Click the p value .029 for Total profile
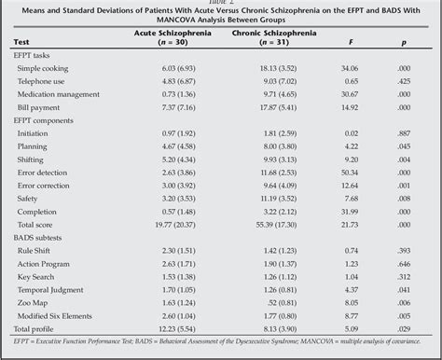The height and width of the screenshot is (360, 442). (x=403, y=327)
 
